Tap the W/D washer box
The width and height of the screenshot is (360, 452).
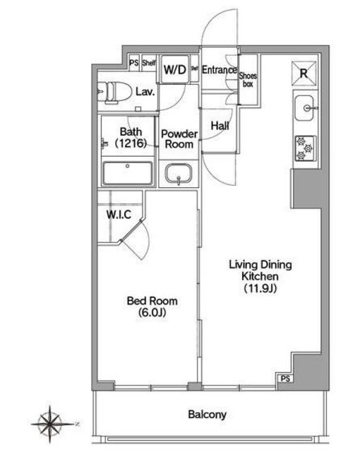[174, 69]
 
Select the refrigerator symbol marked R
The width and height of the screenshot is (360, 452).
[304, 73]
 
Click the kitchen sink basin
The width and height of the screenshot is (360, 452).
[304, 108]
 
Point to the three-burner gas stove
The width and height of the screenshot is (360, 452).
[305, 148]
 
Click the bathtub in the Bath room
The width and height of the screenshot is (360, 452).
[128, 173]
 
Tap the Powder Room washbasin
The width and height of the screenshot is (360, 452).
[179, 174]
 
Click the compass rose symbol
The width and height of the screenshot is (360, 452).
[50, 424]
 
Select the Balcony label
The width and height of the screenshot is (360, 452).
[207, 415]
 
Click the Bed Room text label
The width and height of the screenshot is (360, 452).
[152, 301]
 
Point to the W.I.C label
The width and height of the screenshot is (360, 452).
[119, 215]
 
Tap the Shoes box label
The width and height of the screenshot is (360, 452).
[248, 80]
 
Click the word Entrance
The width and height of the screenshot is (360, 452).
[219, 70]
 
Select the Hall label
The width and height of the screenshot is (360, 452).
[220, 126]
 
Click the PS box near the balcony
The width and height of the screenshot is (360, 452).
[285, 379]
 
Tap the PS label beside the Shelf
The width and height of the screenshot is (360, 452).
[134, 63]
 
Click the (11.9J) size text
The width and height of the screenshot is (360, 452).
[260, 288]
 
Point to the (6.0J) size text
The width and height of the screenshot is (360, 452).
[152, 312]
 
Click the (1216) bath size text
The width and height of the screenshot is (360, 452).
[131, 143]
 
